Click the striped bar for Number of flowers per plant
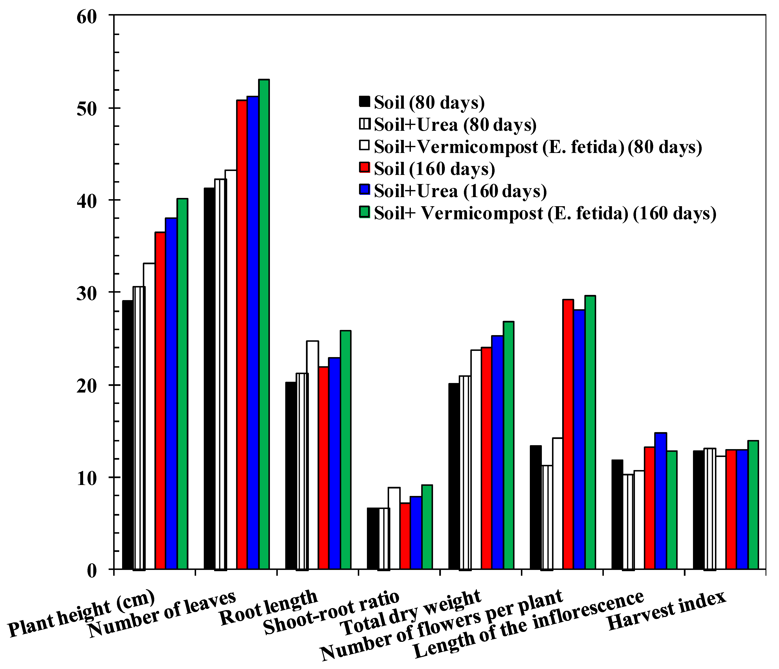click(x=547, y=517)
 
